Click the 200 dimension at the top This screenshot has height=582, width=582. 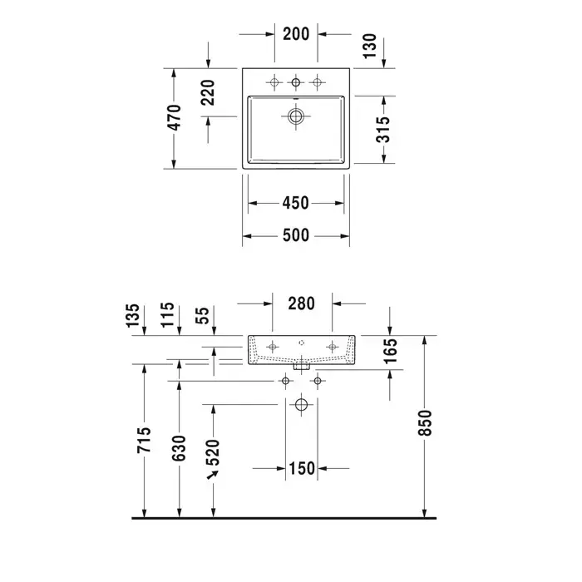click(x=296, y=34)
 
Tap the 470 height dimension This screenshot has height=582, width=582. click(x=175, y=118)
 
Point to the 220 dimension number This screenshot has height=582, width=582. click(x=208, y=92)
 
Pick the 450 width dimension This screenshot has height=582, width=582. click(x=296, y=203)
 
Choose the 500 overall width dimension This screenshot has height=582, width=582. click(x=296, y=236)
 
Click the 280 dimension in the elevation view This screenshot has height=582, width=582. click(x=301, y=303)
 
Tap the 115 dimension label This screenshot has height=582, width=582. click(x=169, y=317)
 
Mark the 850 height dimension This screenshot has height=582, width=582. click(x=426, y=427)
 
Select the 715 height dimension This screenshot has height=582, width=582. click(x=145, y=441)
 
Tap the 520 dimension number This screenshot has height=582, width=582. click(x=213, y=450)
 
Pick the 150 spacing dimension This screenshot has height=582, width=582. click(x=302, y=469)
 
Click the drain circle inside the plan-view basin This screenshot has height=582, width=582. click(x=295, y=117)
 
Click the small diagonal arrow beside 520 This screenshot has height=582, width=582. click(x=212, y=475)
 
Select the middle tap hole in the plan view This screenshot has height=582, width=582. click(x=295, y=81)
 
